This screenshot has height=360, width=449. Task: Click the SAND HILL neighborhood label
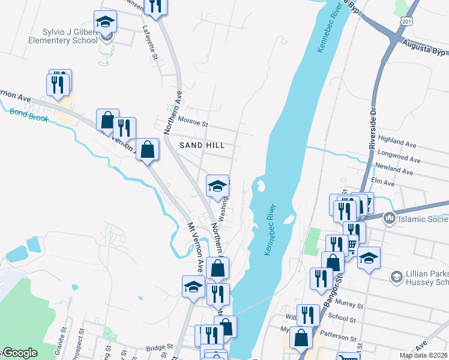[x=202, y=145]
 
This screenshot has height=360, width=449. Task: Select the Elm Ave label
[x=384, y=182]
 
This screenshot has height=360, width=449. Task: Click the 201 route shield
[x=408, y=22]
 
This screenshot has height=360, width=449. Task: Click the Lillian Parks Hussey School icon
[x=396, y=277]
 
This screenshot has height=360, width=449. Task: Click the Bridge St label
[x=159, y=347]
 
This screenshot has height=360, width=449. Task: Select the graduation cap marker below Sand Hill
[x=218, y=185]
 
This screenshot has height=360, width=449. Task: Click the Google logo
[x=19, y=353]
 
